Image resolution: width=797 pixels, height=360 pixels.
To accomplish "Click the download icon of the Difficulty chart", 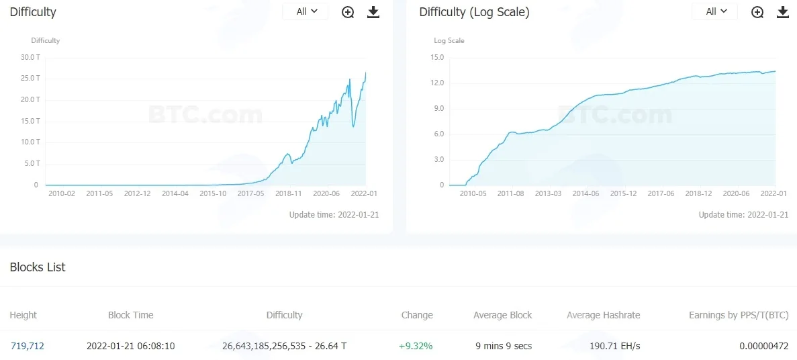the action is [x=373, y=12].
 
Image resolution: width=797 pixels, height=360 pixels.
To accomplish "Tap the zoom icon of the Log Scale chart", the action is [x=757, y=12].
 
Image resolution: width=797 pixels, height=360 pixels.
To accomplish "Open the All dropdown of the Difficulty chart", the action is [x=306, y=11].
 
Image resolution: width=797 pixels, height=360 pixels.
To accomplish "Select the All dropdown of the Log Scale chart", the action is [x=714, y=11].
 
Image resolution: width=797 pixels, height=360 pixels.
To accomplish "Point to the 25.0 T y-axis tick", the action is [x=30, y=79].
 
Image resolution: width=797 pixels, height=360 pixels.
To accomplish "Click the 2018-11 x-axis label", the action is [x=289, y=193].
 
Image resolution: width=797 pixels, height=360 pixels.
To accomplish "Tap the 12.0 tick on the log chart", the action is [x=438, y=83].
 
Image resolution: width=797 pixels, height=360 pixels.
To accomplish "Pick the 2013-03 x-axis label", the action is [x=548, y=193].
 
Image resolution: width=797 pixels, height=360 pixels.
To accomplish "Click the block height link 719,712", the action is [x=27, y=347].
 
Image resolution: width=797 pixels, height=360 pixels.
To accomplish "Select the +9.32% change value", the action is [x=416, y=347].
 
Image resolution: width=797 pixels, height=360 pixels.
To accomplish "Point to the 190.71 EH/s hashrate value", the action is [x=615, y=347].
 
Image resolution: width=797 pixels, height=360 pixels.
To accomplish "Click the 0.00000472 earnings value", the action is [x=764, y=347].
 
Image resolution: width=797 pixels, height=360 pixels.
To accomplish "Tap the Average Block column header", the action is [x=503, y=315].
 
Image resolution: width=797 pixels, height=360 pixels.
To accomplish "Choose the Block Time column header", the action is [x=131, y=315].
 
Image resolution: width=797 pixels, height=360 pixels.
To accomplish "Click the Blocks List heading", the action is [x=38, y=267].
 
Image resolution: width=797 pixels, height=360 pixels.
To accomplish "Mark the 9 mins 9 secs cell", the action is [x=504, y=347].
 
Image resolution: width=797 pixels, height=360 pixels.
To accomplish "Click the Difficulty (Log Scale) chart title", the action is [x=474, y=12].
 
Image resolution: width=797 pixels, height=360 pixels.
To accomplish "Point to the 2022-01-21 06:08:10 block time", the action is [x=131, y=347].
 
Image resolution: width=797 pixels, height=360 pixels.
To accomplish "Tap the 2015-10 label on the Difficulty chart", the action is [x=213, y=193].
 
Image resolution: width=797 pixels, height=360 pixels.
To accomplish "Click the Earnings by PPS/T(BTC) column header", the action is [x=739, y=315].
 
